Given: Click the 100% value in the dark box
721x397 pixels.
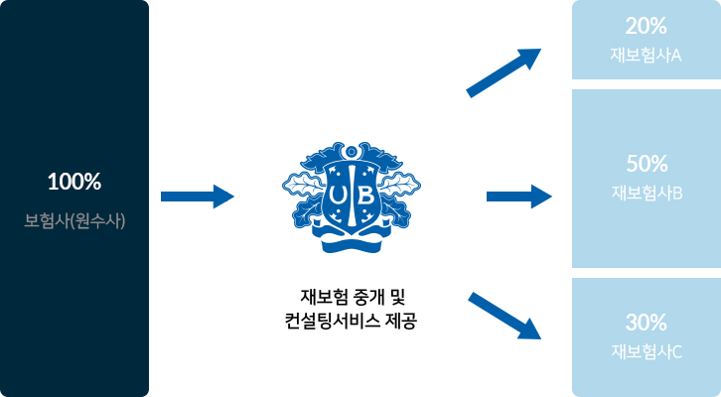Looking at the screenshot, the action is point(74,182).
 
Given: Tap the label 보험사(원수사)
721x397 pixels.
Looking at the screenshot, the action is point(74,221).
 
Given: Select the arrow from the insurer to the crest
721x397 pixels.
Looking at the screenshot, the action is point(198,197).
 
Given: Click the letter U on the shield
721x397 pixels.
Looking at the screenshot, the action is point(338,197).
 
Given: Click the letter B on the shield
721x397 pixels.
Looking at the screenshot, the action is point(365,197).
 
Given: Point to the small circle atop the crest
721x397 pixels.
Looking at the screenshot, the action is point(352,151).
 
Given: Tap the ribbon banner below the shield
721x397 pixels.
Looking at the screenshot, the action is point(352,241).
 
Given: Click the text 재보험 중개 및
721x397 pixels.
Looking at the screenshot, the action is point(353,297).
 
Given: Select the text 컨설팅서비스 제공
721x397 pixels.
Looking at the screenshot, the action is point(351,321).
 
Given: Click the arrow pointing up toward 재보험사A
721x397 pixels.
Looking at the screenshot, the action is point(504,73).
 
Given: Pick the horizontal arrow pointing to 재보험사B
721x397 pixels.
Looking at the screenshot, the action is point(519,197).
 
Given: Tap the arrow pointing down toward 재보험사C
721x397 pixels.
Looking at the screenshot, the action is point(505,317).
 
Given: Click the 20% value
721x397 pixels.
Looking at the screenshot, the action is point(646,26).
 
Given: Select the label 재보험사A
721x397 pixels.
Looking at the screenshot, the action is point(646,56).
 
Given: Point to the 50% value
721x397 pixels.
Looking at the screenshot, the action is point(647,164).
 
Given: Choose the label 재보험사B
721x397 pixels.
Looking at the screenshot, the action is point(647,193).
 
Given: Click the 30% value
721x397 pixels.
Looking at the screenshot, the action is point(647,323).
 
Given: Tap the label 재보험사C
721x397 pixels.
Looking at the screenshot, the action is point(647,352).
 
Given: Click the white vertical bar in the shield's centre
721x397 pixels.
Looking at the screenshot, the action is point(352,197).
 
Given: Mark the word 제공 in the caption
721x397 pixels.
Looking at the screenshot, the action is point(402,321).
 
